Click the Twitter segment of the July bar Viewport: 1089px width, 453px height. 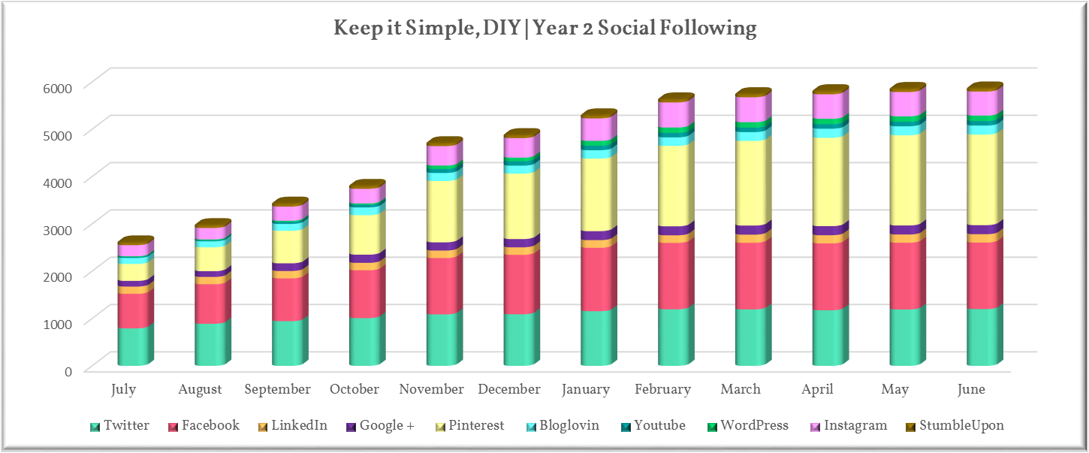(135, 346)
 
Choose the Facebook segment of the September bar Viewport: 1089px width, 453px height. (288, 298)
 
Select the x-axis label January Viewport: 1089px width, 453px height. (585, 389)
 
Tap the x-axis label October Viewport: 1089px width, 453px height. (354, 389)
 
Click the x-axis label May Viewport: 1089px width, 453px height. (894, 389)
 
